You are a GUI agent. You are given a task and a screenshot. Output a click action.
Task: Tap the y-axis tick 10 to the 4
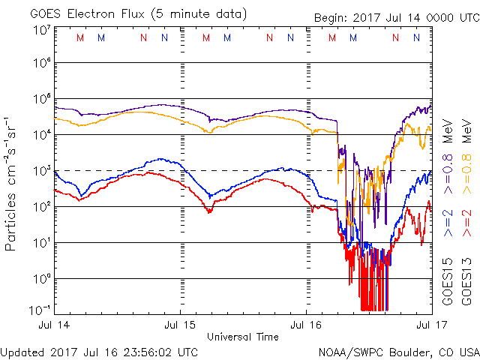point(40,133)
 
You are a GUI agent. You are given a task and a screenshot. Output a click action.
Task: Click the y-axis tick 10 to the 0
point(40,277)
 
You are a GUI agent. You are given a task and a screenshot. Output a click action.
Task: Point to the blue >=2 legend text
point(447,223)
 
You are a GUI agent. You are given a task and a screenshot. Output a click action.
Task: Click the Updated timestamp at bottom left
point(100,351)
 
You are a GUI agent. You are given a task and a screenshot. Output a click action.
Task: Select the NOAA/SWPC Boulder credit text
point(398,351)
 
